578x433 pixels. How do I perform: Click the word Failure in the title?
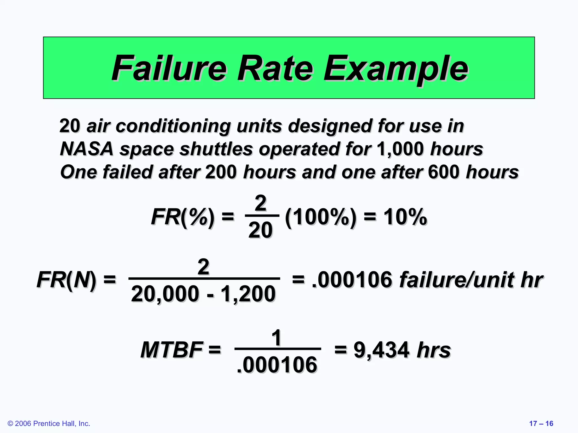coord(169,69)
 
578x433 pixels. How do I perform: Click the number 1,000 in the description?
coord(400,149)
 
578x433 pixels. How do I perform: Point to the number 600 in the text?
coord(444,172)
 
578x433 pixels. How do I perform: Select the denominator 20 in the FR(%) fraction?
coord(260,230)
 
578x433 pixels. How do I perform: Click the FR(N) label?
coord(66,280)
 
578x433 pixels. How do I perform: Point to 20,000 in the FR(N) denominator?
coord(165,294)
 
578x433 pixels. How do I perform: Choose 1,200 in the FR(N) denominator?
coord(248,294)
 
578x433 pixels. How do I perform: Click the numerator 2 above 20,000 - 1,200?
coord(203,266)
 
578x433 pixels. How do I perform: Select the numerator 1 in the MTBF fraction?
coord(277,337)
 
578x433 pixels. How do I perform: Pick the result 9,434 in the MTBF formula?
coord(381,350)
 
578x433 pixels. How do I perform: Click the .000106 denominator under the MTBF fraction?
coord(277,365)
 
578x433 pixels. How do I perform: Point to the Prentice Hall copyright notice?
coord(49,423)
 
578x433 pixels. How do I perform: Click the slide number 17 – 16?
coord(541,423)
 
